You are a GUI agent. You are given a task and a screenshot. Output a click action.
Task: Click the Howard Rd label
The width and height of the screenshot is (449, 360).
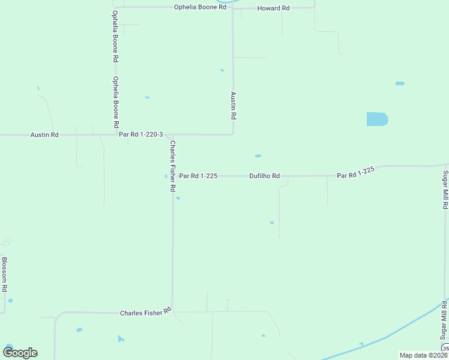(273, 8)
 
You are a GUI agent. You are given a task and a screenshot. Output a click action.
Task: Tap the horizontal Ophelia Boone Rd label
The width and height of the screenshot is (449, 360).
(200, 7)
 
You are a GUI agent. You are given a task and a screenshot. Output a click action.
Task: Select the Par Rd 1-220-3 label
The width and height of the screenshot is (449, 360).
(141, 134)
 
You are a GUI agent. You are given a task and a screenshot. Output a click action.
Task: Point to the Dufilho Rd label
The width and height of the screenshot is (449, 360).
(265, 176)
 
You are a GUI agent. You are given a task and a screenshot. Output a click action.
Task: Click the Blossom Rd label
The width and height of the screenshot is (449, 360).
(4, 275)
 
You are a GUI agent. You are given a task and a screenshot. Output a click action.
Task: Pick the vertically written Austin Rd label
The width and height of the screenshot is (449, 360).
(234, 105)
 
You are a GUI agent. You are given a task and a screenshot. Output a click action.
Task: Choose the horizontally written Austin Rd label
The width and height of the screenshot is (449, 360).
(44, 135)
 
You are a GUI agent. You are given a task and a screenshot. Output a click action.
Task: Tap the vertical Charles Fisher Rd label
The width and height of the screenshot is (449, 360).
(173, 166)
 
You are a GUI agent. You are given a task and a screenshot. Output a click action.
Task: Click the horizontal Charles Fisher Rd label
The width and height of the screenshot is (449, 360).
(146, 313)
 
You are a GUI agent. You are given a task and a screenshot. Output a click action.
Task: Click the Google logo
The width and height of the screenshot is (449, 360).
(20, 353)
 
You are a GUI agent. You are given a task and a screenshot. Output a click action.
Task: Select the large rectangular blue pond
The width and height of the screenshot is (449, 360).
(377, 119)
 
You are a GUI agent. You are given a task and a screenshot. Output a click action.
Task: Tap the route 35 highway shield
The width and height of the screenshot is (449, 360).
(445, 349)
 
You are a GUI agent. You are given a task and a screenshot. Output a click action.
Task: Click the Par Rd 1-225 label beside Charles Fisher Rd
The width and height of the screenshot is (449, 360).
(198, 176)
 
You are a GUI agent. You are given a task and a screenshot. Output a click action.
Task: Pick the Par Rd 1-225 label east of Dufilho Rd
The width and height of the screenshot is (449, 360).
(355, 173)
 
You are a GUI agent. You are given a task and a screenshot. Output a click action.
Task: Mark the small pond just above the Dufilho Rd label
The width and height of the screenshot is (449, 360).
(258, 156)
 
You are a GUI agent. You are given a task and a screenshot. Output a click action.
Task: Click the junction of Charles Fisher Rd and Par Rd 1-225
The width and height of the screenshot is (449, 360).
(173, 176)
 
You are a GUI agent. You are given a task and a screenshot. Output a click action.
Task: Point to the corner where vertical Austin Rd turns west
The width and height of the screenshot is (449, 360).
(233, 134)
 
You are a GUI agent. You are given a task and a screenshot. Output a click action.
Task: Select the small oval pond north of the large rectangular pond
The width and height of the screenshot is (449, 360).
(400, 83)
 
